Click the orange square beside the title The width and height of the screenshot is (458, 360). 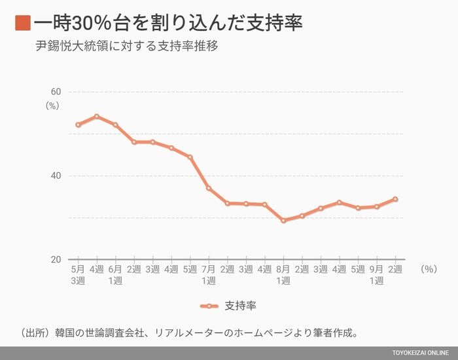point(22,24)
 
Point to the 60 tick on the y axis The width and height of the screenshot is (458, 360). point(56,92)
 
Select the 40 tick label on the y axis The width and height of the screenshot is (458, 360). point(56,175)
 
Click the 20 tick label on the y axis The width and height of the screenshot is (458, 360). point(56,259)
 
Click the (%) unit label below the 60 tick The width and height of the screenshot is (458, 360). point(52,105)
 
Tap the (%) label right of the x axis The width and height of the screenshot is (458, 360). point(429,269)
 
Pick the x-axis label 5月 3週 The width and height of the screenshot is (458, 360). point(77,275)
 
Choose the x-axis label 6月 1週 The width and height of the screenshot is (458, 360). point(115,275)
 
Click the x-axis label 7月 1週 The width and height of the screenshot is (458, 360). point(209,275)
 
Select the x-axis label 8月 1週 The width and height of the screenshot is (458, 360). point(283,275)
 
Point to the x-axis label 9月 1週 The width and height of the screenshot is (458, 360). point(376,275)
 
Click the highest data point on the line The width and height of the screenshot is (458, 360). point(96,117)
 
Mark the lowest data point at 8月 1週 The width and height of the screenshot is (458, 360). point(283,221)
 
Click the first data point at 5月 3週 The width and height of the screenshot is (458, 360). point(78,124)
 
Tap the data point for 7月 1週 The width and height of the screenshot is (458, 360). point(209,188)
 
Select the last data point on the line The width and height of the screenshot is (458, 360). point(395,199)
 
